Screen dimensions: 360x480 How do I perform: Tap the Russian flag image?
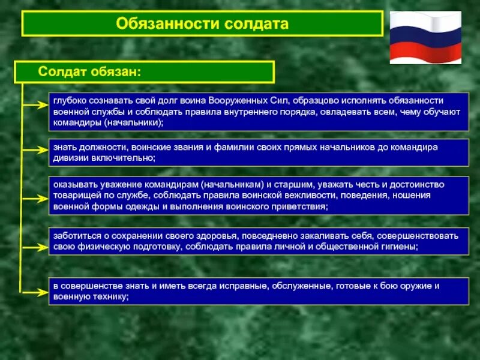click(x=425, y=37)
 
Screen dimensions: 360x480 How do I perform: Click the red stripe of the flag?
click(x=425, y=53)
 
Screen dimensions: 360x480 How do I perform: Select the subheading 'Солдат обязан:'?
click(x=90, y=71)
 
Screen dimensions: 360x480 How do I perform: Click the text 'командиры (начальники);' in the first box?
click(x=108, y=122)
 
